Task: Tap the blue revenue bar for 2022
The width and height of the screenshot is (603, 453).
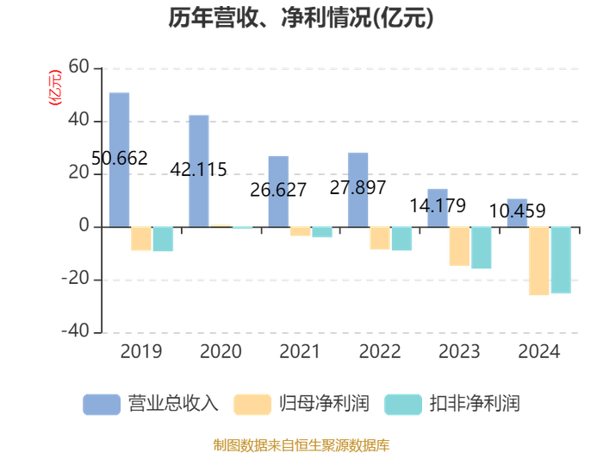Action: pyautogui.click(x=357, y=190)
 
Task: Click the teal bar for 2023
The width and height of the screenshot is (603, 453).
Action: pyautogui.click(x=481, y=248)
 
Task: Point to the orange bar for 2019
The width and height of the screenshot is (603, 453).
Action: pyautogui.click(x=141, y=238)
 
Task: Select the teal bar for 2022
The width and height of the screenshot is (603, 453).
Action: pyautogui.click(x=401, y=238)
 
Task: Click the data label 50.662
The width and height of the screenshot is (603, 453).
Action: pyautogui.click(x=119, y=159)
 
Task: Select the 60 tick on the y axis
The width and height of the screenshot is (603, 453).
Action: pyautogui.click(x=78, y=67)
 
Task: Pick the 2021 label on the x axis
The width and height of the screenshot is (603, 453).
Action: pyautogui.click(x=300, y=352)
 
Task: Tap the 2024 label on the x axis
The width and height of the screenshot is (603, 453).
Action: pyautogui.click(x=538, y=352)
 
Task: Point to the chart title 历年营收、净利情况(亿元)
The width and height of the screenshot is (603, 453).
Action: pyautogui.click(x=301, y=18)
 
